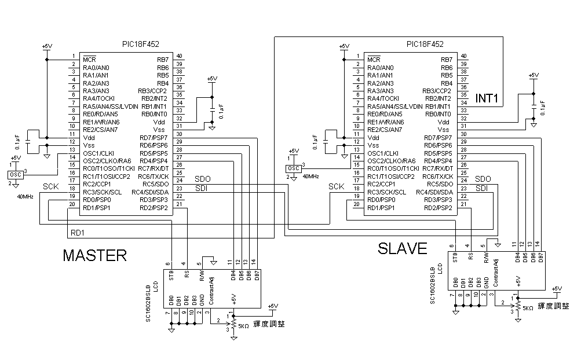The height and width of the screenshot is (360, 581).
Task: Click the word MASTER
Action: (x=94, y=255)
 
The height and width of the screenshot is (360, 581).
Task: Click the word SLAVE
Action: (x=403, y=248)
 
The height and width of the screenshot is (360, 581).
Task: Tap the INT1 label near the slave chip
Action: (x=487, y=99)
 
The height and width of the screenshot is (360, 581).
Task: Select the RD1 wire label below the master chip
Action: (x=78, y=233)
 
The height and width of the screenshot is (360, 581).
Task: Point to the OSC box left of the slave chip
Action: (x=294, y=168)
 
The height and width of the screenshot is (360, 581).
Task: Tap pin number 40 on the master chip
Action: (x=180, y=56)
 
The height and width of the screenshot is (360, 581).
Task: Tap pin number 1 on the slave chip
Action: (x=357, y=56)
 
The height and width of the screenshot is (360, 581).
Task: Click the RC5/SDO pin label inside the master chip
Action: (x=155, y=185)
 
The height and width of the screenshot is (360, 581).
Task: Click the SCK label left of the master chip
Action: (x=51, y=186)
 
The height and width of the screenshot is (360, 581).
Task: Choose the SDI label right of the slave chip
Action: (x=482, y=188)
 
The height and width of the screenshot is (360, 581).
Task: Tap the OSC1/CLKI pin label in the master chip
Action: (x=100, y=153)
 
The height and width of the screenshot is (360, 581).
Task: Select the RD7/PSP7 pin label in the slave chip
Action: (x=438, y=138)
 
